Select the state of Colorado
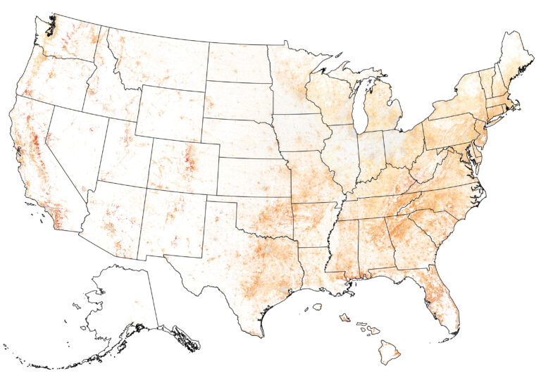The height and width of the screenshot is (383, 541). (x=183, y=166)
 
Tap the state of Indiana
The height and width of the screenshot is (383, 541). (x=370, y=151)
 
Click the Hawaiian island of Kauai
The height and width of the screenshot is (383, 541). (x=318, y=307)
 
